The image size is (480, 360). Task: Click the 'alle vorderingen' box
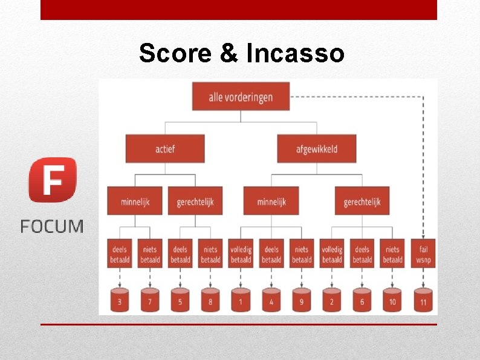[x=241, y=96]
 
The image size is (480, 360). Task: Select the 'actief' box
[x=164, y=148]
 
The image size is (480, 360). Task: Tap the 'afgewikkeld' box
[x=316, y=148]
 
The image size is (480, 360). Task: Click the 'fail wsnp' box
[x=423, y=254]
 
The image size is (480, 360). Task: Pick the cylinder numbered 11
[x=423, y=300]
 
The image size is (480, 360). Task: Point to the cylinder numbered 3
[x=120, y=300]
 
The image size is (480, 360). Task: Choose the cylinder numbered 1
[x=241, y=300]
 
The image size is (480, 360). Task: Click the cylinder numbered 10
[x=392, y=300]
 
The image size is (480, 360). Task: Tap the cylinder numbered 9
[x=301, y=300]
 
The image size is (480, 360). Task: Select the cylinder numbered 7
[x=150, y=300]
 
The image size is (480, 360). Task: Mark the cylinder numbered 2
[x=332, y=300]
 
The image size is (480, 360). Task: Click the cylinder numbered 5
[x=180, y=300]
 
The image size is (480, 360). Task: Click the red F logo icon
[x=53, y=179]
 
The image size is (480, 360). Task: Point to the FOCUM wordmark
[x=52, y=227]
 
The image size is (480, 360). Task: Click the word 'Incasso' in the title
[x=296, y=53]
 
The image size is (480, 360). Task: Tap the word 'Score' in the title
[x=175, y=53]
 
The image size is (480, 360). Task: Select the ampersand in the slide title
[x=229, y=53]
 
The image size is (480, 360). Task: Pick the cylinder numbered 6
[x=362, y=300]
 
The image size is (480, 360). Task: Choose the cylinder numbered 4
[x=271, y=300]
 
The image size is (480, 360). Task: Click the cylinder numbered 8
[x=210, y=300]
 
